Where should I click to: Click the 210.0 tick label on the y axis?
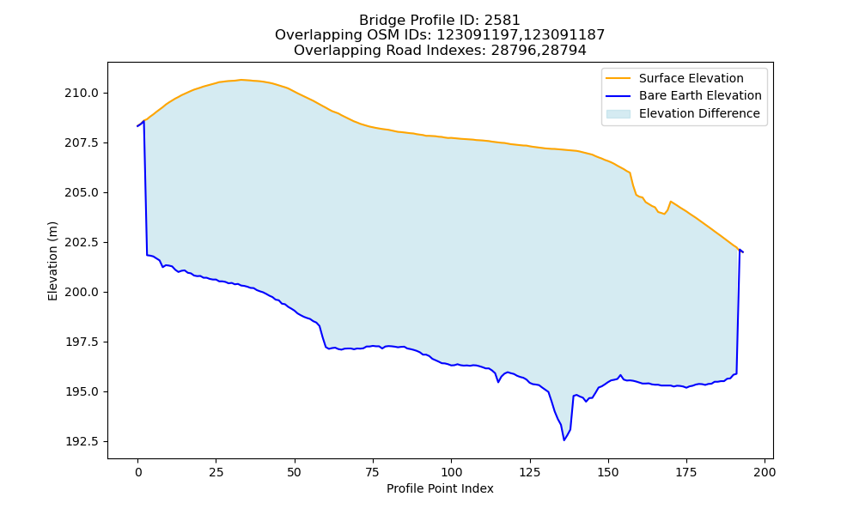tap(82, 93)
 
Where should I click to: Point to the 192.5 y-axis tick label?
tap(82, 442)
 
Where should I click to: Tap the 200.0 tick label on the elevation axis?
tap(82, 292)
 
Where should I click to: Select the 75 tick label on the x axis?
tap(373, 472)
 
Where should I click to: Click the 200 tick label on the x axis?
tap(765, 472)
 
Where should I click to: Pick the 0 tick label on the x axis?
tap(138, 472)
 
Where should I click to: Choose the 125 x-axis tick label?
tap(530, 472)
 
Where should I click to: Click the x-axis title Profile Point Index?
tap(440, 488)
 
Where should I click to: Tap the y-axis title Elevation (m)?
tap(52, 261)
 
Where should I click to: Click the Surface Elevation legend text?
tap(691, 78)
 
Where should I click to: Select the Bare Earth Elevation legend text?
tap(700, 96)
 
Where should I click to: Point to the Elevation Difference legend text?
tap(699, 113)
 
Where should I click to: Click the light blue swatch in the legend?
tap(618, 114)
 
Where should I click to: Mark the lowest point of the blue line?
tap(564, 440)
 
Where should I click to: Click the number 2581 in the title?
tap(502, 21)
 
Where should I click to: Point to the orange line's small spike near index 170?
tap(671, 202)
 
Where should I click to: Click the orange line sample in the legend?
tap(618, 78)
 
